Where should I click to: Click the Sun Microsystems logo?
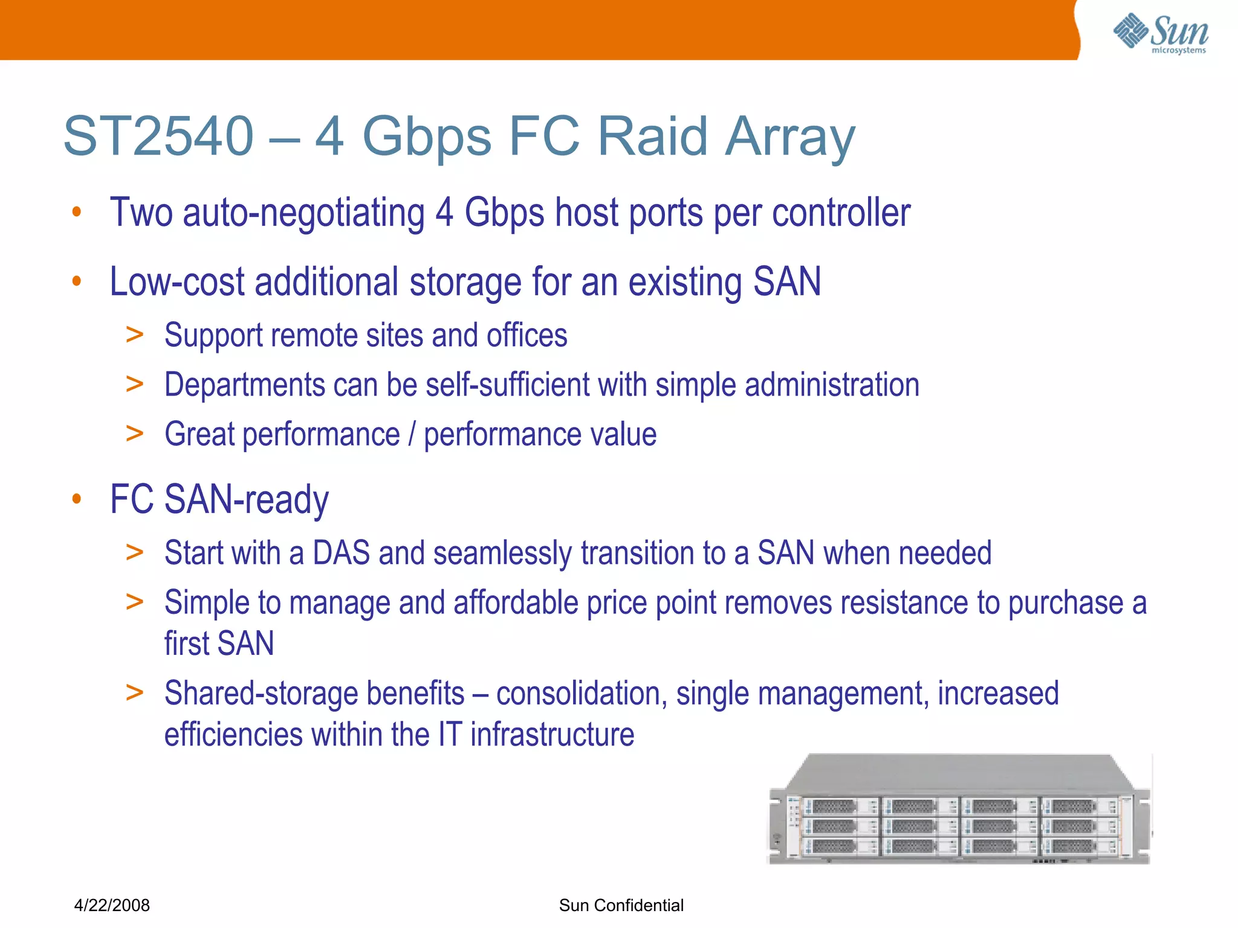(1161, 33)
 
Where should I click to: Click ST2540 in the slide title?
(158, 137)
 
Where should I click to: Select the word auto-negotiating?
(303, 213)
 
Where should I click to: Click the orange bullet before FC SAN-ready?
(76, 500)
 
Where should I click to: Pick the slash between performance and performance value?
(412, 434)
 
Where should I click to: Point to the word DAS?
(341, 553)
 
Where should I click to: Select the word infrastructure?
(552, 735)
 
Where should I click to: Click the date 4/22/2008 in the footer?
(112, 905)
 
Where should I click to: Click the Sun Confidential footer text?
(621, 905)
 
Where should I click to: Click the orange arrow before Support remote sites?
(134, 335)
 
